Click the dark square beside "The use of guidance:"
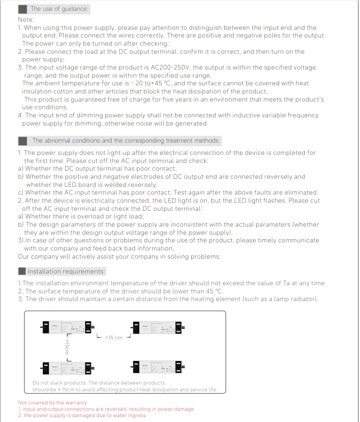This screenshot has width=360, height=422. click(x=23, y=9)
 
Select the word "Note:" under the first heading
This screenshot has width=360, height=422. click(x=26, y=19)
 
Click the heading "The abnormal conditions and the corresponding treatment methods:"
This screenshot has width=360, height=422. click(x=126, y=141)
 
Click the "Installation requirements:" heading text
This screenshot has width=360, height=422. click(x=66, y=271)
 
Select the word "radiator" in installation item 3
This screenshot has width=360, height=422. click(x=303, y=299)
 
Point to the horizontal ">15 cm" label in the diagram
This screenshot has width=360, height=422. click(x=114, y=338)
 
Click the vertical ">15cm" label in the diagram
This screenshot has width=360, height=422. click(x=67, y=348)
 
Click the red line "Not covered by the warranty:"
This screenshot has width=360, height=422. click(x=53, y=403)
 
